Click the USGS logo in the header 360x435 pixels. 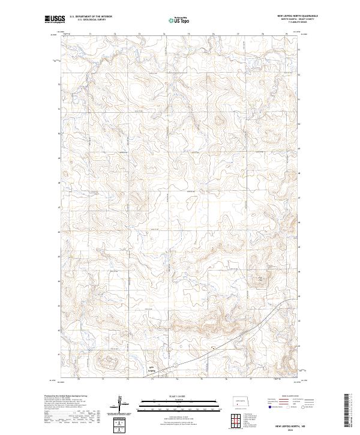tap(54, 19)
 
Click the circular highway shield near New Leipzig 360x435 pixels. tap(174, 365)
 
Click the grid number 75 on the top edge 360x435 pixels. tap(189, 34)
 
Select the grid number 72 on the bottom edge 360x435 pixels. tap(127, 380)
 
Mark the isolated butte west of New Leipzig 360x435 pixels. tap(106, 361)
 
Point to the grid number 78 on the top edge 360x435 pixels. tap(263, 34)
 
